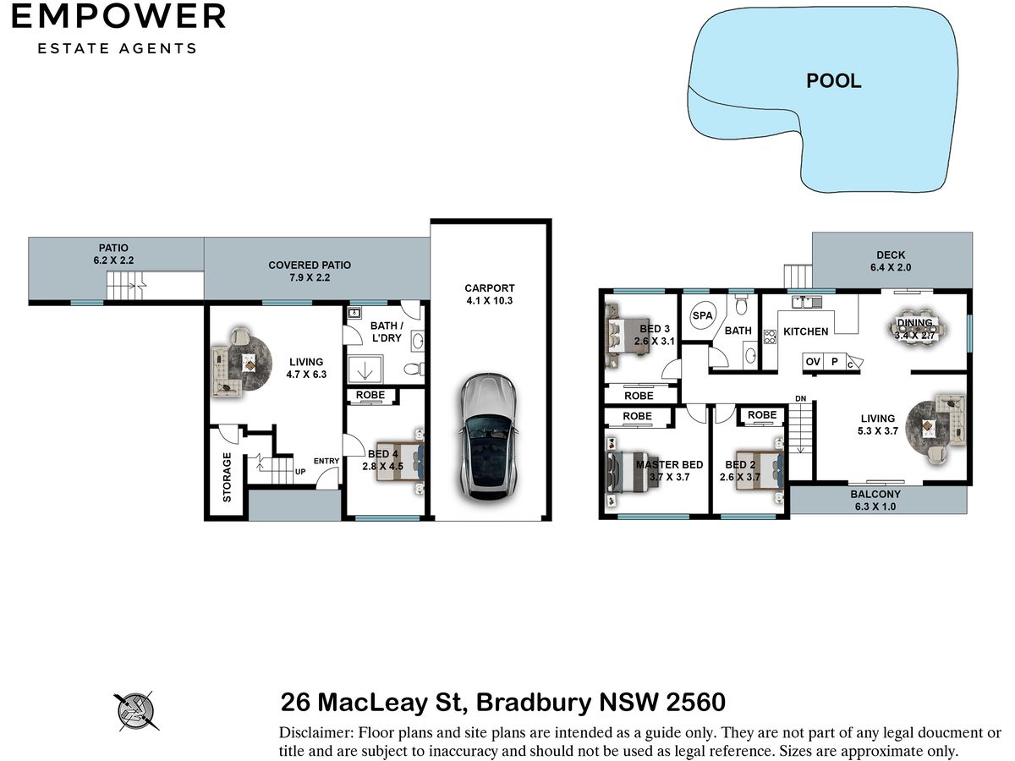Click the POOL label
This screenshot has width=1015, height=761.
point(833,81)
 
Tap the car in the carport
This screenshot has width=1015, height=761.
point(488,436)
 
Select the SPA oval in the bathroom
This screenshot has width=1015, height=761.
point(702,315)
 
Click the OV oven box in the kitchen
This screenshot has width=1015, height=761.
point(813,361)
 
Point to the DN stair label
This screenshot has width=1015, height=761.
point(800,398)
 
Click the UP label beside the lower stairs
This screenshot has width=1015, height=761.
point(300,472)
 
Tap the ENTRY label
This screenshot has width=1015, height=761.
point(326,461)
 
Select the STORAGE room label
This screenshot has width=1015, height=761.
point(227,477)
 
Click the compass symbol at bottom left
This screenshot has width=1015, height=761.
point(135,711)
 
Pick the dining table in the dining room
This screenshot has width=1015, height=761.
point(918,329)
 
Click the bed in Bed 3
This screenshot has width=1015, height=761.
point(627,336)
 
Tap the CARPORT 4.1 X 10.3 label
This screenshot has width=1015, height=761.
point(489,294)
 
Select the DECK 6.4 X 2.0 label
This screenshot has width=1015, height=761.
point(891,261)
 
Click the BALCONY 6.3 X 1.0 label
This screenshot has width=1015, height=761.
point(875,500)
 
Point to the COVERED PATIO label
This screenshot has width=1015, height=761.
point(310,266)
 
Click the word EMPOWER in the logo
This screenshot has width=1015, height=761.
point(118,17)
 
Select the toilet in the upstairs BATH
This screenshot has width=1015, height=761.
point(741,305)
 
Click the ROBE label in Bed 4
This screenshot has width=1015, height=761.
point(370,395)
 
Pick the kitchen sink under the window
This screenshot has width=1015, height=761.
point(806,303)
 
